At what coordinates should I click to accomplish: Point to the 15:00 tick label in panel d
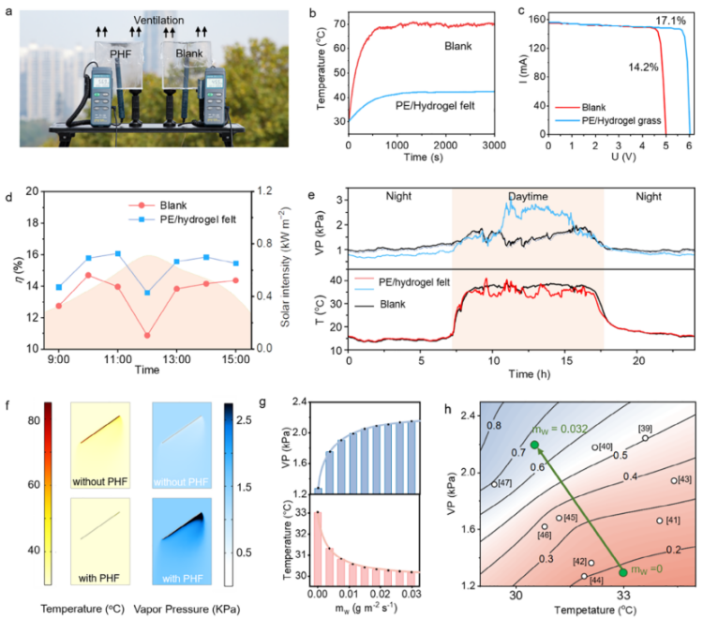click(235, 359)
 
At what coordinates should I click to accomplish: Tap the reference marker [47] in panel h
click(494, 484)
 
